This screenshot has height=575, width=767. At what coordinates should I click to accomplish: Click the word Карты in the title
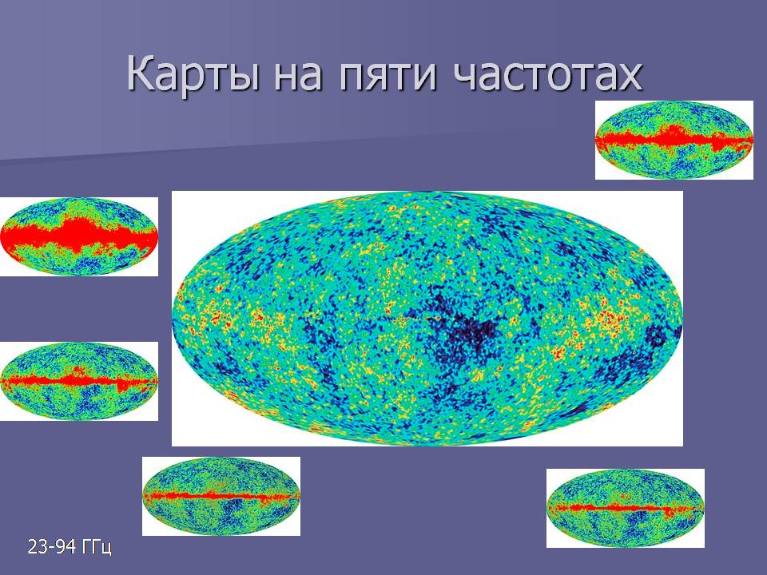coord(193,73)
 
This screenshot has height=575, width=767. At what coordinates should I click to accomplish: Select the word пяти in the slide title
coord(387,77)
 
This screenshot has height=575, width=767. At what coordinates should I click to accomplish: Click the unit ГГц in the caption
coord(97,546)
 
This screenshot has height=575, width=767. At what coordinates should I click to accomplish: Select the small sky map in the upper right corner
coord(674,140)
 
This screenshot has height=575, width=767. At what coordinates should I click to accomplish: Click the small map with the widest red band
coord(79,236)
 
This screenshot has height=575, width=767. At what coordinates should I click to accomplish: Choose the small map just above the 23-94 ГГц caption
coord(221,496)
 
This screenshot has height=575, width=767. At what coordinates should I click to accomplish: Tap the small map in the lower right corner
coord(625,508)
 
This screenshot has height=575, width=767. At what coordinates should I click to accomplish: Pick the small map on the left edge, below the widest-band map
coord(79,381)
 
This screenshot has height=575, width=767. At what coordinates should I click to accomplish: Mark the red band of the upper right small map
coord(674,138)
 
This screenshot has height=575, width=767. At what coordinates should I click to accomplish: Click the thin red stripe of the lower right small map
coord(625,508)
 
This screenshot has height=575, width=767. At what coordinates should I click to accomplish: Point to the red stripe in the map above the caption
coord(221,496)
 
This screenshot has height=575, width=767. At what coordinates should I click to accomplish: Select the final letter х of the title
coord(630,78)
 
